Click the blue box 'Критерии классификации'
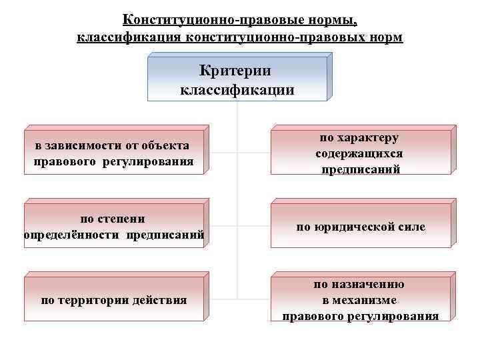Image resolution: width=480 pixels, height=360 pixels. [x=237, y=79]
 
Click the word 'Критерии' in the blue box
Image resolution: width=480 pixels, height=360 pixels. [x=235, y=70]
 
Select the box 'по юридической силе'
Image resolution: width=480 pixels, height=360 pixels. [x=361, y=227]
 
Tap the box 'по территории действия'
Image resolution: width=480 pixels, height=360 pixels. [x=114, y=300]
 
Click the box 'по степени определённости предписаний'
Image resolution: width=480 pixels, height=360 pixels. [x=114, y=227]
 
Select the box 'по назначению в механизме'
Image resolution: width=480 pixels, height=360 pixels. [x=361, y=300]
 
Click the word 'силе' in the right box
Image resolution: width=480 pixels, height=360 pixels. [x=409, y=227]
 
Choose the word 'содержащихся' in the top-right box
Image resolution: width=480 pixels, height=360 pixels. [x=359, y=153]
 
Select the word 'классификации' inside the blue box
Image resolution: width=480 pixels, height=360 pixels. [x=237, y=89]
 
